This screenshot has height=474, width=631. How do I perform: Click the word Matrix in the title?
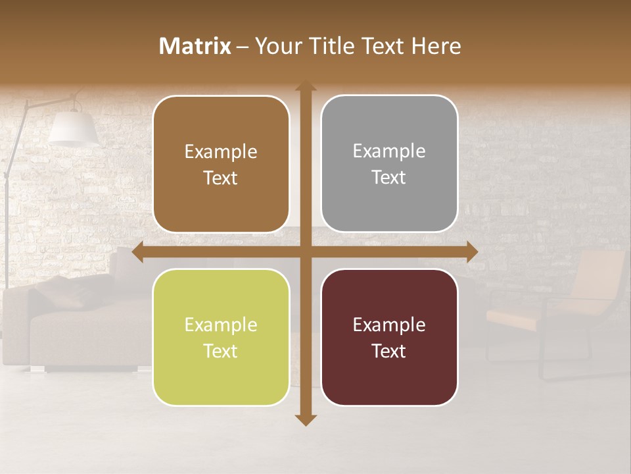point(195,46)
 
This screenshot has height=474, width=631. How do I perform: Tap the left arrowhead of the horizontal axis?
point(138,251)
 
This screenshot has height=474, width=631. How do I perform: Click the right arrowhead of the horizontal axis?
point(471,251)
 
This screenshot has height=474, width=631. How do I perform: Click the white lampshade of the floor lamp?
point(73,128)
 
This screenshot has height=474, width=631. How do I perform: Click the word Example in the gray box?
point(389,151)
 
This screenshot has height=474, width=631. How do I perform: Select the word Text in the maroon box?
point(389,352)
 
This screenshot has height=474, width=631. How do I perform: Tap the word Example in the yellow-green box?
point(221,325)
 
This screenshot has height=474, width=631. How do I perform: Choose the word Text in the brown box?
point(221,178)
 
